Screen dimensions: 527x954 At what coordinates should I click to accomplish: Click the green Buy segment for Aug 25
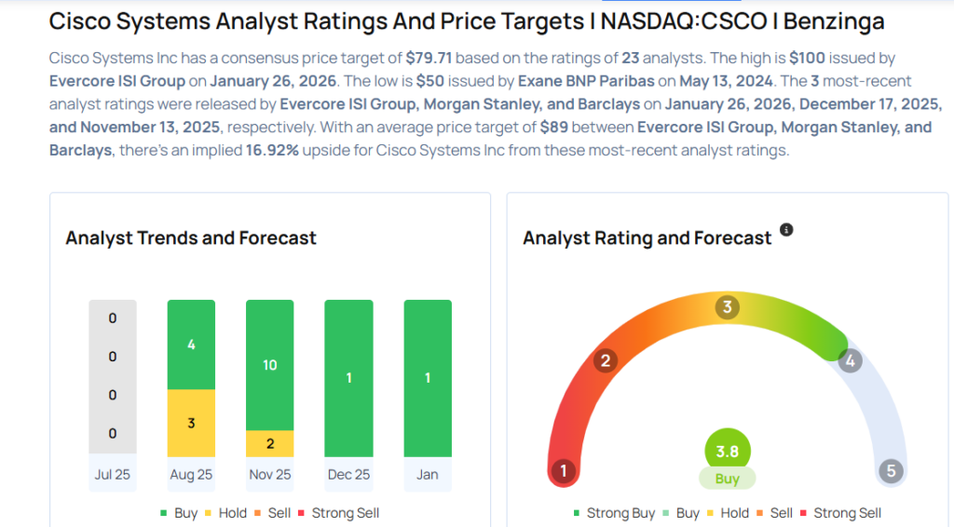(191, 345)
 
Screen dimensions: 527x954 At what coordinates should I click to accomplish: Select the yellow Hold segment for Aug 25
(191, 423)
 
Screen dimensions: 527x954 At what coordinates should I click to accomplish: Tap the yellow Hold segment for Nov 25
(269, 443)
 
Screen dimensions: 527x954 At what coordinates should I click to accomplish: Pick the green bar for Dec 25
(348, 378)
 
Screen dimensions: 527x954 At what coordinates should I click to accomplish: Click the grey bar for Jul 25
(113, 378)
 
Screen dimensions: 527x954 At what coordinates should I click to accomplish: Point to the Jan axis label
(427, 475)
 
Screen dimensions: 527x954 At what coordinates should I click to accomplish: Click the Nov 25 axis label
(269, 475)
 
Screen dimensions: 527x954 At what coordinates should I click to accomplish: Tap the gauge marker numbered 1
(562, 471)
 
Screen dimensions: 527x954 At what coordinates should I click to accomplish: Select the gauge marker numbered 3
(727, 307)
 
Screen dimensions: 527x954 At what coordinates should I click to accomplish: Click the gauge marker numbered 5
(891, 471)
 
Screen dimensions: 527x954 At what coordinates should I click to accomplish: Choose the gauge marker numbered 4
(849, 360)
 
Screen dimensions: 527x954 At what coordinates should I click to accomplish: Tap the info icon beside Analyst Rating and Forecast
(786, 230)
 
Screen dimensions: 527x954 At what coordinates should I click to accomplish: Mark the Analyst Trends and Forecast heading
(191, 238)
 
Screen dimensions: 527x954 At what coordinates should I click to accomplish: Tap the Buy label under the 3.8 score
(727, 479)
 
